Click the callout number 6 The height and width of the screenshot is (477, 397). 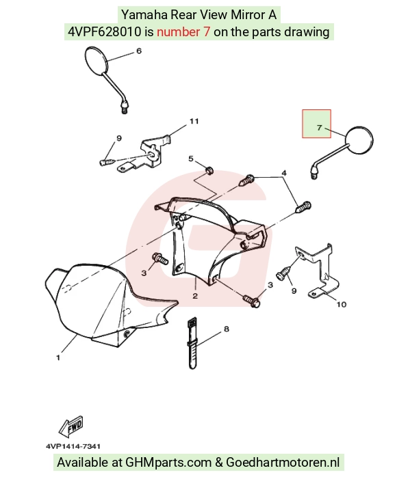(x=139, y=51)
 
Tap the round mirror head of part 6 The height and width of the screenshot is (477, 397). (x=97, y=61)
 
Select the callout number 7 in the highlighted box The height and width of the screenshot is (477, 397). (x=319, y=128)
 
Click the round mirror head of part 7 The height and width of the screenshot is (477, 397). (x=359, y=140)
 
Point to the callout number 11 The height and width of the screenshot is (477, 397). (x=194, y=121)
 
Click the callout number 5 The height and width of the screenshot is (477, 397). (x=191, y=159)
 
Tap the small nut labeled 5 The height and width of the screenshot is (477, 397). (x=209, y=170)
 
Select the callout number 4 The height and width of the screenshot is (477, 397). (x=284, y=173)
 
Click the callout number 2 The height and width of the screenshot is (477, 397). (x=195, y=295)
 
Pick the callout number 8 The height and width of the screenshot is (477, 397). (x=227, y=329)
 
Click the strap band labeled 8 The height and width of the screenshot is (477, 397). (x=192, y=343)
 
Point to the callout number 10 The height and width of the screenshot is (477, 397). (x=342, y=304)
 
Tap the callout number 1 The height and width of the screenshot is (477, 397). (x=58, y=358)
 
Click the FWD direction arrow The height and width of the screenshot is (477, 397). (x=71, y=426)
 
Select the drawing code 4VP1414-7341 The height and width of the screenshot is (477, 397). (x=73, y=446)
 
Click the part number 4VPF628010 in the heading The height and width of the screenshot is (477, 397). (x=105, y=31)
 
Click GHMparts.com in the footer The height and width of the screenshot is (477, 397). (x=168, y=463)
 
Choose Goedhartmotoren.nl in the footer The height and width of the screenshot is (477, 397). (x=283, y=463)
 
